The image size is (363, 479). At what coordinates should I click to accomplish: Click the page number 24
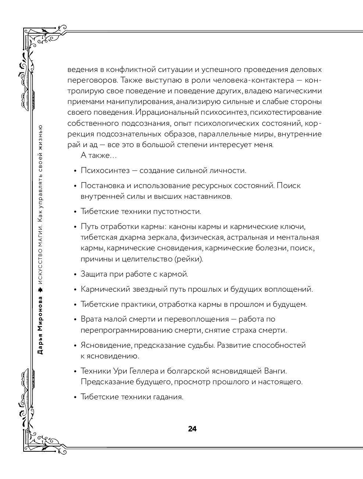click(192, 429)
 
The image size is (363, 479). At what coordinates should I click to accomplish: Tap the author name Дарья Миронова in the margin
click(40, 325)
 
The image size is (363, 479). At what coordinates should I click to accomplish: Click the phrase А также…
click(98, 156)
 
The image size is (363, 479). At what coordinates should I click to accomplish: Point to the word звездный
click(146, 289)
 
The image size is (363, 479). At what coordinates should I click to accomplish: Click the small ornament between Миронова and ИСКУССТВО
click(40, 290)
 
